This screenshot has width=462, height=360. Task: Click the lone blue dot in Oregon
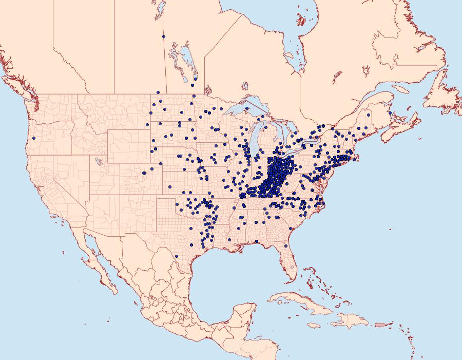pos(33,138)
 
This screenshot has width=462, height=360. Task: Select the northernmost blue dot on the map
pos(163,36)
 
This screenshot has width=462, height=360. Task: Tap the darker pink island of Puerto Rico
pos(380,324)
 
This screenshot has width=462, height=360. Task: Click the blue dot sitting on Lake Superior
pos(247,109)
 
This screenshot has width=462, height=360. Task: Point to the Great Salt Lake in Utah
pos(96,160)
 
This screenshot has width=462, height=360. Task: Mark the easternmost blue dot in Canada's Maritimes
pos(390,112)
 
